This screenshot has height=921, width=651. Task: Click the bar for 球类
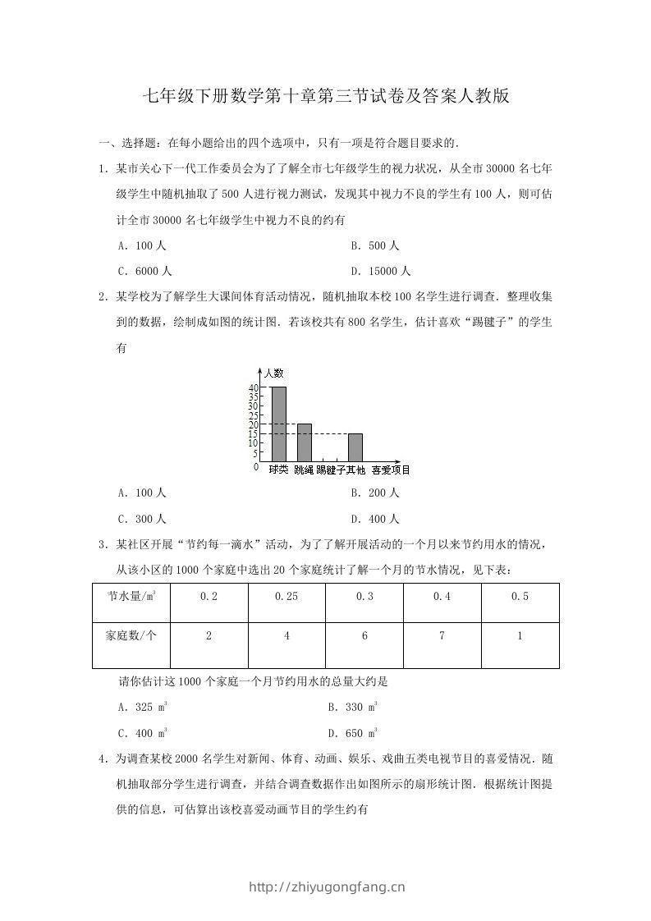(279, 424)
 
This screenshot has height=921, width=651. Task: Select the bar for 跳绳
(305, 442)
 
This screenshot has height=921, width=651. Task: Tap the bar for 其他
(355, 447)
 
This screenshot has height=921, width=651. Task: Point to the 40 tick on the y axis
(254, 388)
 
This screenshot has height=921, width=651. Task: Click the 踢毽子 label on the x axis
(330, 470)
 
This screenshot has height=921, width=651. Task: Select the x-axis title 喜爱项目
(390, 470)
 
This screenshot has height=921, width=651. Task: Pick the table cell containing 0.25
(287, 598)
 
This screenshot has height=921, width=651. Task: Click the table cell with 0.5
(520, 598)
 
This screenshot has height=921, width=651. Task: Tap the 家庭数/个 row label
(131, 636)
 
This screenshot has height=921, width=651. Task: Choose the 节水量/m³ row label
(131, 597)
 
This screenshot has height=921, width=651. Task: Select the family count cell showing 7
(442, 636)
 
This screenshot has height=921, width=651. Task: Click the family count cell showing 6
(364, 636)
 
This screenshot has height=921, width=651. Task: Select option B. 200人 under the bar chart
(374, 493)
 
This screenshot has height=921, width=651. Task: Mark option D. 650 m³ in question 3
(353, 733)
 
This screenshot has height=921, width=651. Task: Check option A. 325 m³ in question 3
(144, 707)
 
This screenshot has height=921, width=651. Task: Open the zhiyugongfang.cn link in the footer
(326, 887)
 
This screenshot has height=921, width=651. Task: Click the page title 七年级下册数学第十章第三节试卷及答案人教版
(326, 96)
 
